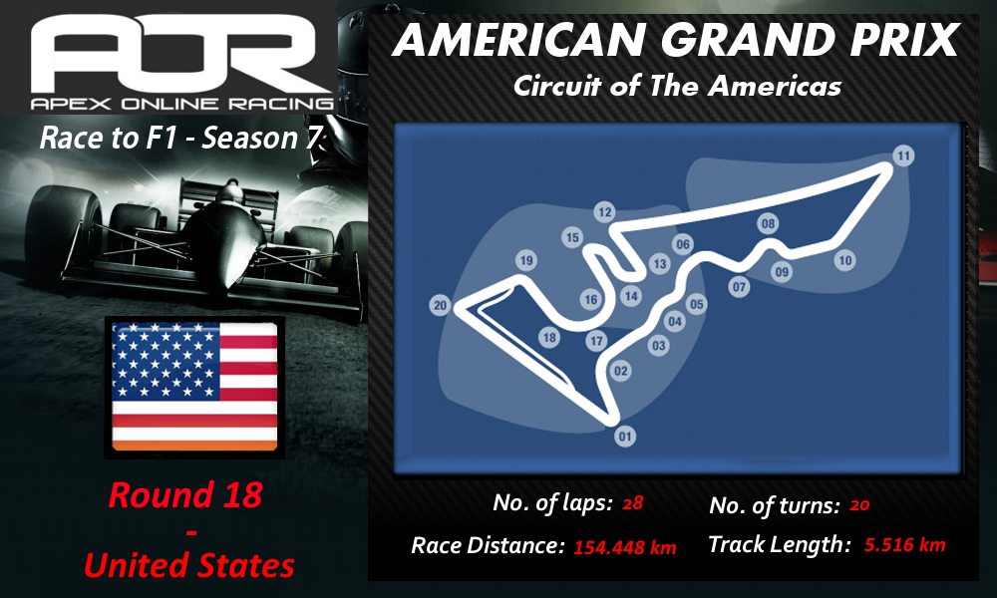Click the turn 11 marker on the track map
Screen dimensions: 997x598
click(903, 155)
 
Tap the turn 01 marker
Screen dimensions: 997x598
click(625, 436)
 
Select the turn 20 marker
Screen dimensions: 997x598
click(440, 306)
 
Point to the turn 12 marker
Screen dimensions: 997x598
click(605, 212)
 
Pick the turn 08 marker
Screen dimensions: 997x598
click(768, 223)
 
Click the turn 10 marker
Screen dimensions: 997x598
click(845, 260)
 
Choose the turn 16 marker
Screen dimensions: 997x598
click(591, 299)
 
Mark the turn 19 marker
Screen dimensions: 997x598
click(525, 260)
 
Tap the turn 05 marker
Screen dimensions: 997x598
click(697, 304)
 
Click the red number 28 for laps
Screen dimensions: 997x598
click(633, 503)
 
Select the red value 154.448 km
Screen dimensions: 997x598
click(625, 547)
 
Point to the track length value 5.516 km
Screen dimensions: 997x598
click(905, 544)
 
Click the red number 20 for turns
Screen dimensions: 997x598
click(859, 505)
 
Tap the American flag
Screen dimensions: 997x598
click(194, 387)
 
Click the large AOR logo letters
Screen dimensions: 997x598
click(173, 54)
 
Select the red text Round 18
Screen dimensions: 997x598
click(185, 495)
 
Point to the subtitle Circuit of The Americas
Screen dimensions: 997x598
click(677, 86)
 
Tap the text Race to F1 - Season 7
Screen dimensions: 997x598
click(181, 138)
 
